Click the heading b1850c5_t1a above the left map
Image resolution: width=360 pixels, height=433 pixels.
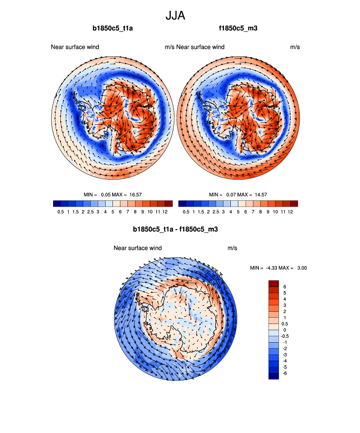pos(112,28)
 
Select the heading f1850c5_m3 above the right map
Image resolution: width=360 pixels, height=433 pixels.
pos(238,28)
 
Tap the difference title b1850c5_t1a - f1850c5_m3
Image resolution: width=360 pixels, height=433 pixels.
pos(175,229)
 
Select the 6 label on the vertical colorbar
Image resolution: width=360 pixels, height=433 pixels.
pos(285,287)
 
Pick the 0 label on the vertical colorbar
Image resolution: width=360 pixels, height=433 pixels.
pos(285,330)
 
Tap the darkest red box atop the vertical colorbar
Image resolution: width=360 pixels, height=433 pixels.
pos(274,283)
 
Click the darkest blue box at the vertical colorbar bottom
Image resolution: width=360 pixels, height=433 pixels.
pos(274,376)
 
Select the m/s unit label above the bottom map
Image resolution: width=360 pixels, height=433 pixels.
pos(232,248)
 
